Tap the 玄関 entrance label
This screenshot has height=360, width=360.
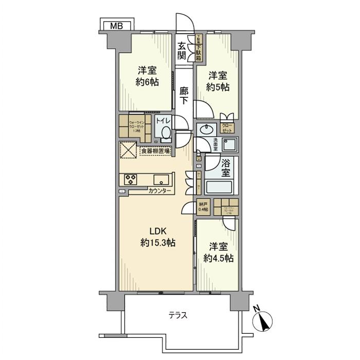pos(182,51)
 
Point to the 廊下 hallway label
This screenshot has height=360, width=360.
pos(184,96)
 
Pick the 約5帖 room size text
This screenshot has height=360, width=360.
pos(217,87)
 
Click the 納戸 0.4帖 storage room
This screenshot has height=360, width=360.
pos(204,206)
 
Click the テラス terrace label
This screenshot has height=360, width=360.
pos(178,315)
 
